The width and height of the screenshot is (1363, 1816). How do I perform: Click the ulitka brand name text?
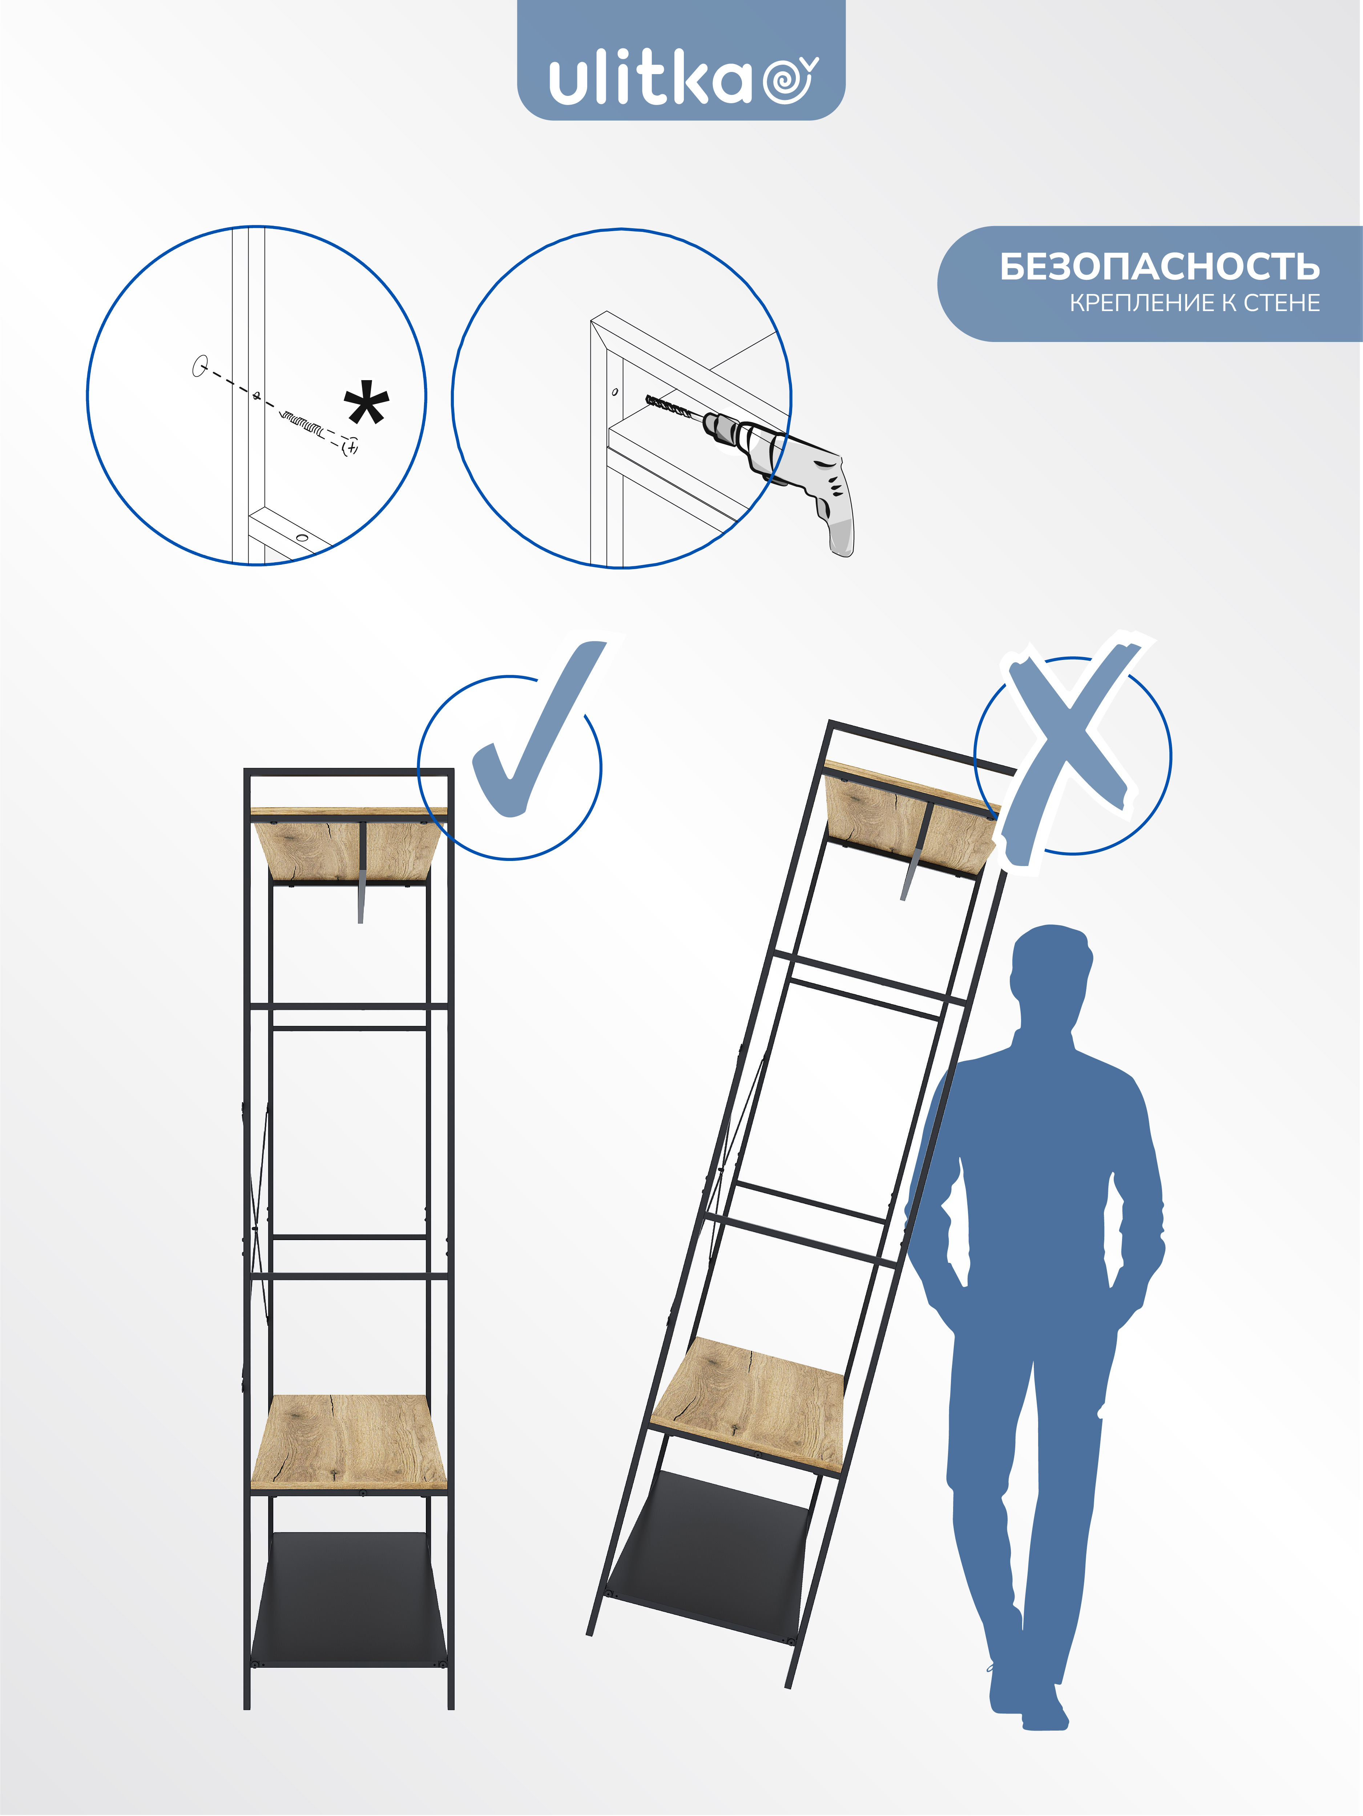coord(650,80)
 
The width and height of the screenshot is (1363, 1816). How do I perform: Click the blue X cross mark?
coord(1072,751)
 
